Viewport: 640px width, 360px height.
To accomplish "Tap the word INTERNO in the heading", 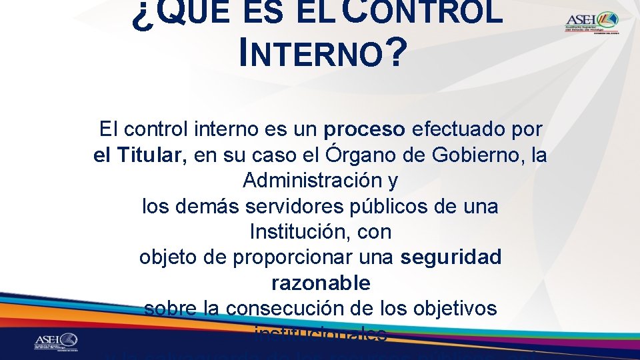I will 310,54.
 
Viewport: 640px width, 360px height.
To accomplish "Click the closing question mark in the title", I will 395,54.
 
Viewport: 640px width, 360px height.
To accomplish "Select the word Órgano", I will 363,155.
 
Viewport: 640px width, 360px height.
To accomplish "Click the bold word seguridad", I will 451,257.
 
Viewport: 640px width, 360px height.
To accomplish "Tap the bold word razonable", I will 321,283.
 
